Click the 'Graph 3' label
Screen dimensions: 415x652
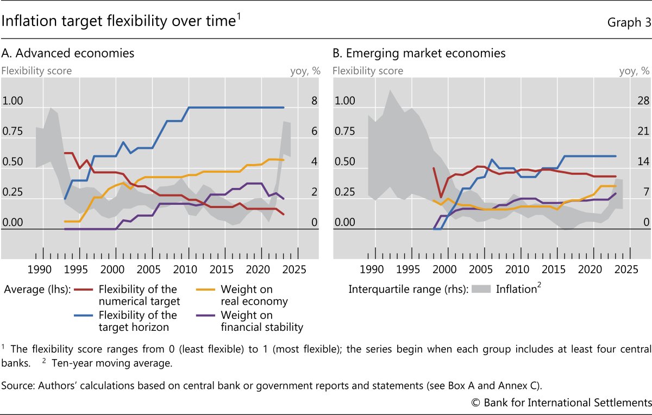628,23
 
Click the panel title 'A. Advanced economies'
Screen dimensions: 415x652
68,53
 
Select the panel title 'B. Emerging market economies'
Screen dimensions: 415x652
419,53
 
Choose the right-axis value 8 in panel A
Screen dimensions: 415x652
314,101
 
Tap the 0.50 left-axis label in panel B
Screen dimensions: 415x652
344,162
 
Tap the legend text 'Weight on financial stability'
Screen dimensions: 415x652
261,321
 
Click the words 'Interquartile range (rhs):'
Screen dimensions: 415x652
408,290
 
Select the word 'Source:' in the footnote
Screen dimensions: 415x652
16,386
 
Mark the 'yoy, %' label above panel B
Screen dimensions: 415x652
634,71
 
